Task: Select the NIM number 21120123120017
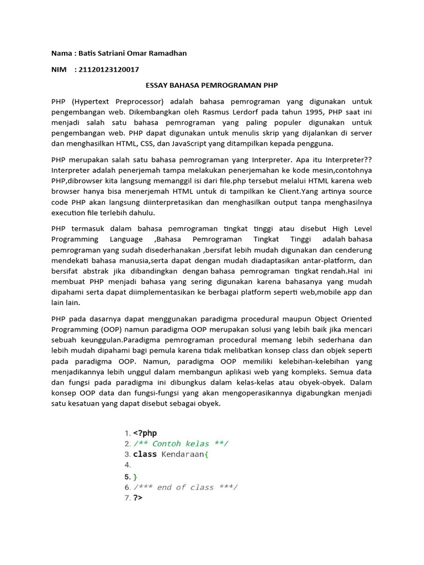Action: click(108, 70)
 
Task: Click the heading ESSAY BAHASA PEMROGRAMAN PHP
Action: click(211, 86)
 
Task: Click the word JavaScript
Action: click(183, 143)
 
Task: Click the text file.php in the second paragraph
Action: click(248, 181)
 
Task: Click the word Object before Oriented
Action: click(315, 319)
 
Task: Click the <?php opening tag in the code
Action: click(145, 433)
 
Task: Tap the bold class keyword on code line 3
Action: click(145, 455)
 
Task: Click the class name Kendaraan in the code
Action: click(182, 455)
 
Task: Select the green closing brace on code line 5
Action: click(135, 476)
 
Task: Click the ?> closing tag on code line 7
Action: click(137, 498)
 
